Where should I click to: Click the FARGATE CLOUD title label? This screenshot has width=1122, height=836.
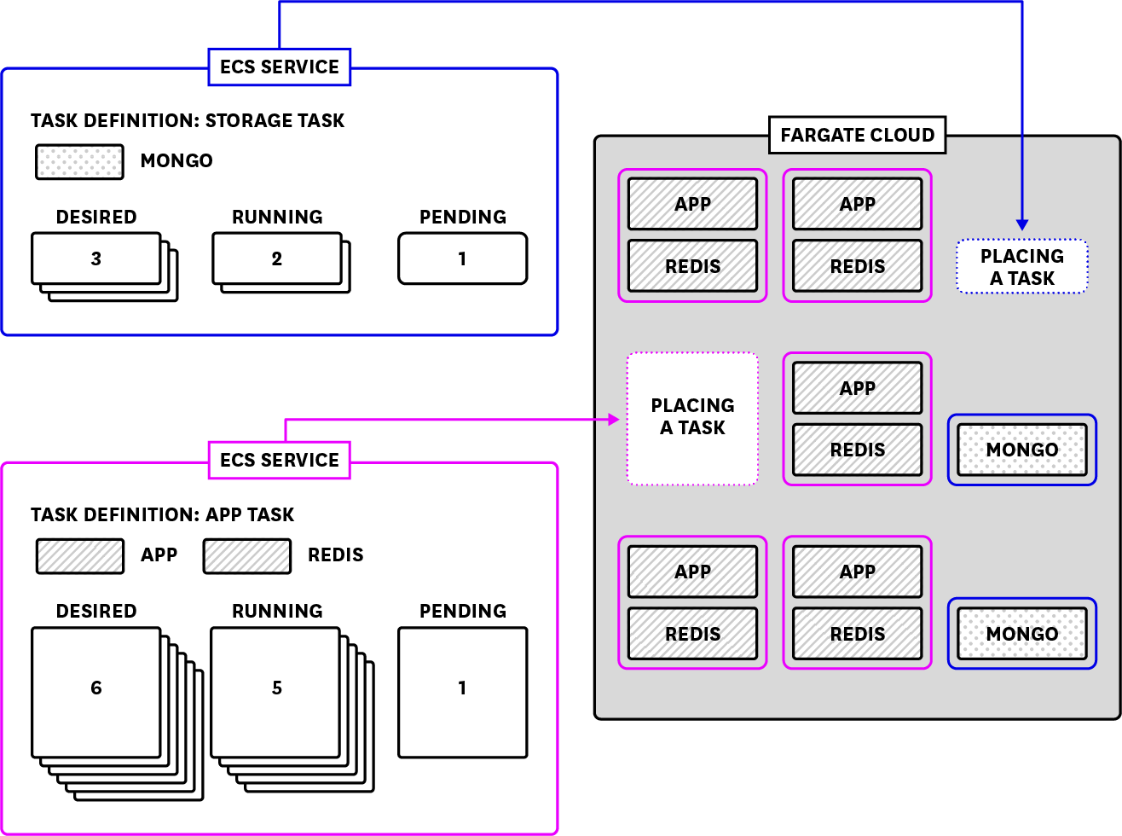click(x=857, y=135)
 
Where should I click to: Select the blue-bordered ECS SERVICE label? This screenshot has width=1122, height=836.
click(x=280, y=67)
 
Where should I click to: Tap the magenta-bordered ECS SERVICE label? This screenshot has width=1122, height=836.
click(x=280, y=460)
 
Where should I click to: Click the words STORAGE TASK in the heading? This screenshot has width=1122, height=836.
click(x=275, y=120)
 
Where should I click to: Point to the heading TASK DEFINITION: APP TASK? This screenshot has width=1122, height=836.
click(x=162, y=514)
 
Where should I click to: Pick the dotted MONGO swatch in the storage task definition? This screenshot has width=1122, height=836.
click(x=79, y=161)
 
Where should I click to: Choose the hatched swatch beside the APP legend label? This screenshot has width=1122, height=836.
click(x=80, y=555)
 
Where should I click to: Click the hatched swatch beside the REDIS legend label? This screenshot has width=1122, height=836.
click(x=247, y=555)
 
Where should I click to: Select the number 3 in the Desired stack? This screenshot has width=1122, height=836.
click(x=96, y=258)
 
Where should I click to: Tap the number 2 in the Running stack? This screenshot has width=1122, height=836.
click(x=277, y=258)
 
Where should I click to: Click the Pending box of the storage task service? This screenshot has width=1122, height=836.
click(x=462, y=258)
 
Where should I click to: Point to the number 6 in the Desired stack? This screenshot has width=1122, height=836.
click(x=96, y=688)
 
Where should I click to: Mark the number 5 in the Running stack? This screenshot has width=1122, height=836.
click(x=277, y=688)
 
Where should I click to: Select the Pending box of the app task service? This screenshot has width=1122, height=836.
click(x=462, y=692)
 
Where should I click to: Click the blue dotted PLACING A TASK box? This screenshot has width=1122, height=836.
click(x=1021, y=267)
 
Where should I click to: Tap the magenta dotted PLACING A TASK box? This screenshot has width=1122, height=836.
click(x=692, y=418)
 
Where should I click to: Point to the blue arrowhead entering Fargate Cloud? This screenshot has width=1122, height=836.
click(x=1021, y=224)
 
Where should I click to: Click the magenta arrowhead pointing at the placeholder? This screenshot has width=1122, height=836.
click(x=613, y=419)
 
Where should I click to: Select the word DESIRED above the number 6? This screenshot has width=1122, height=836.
click(x=96, y=611)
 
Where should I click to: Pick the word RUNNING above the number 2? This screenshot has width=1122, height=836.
click(x=277, y=217)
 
